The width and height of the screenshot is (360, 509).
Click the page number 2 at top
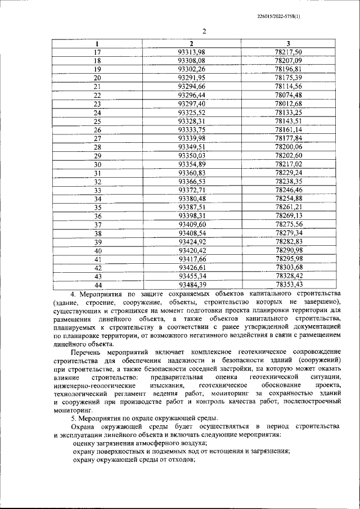pyautogui.click(x=204, y=31)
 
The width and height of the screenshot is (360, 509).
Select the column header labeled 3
pyautogui.click(x=289, y=43)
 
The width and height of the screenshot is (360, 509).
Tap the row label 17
pyautogui.click(x=97, y=52)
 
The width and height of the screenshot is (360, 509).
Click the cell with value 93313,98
pyautogui.click(x=191, y=52)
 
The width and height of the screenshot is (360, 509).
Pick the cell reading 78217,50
pyautogui.click(x=289, y=52)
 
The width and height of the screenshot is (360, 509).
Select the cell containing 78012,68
pyautogui.click(x=289, y=103)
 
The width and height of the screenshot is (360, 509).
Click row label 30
pyautogui.click(x=97, y=164)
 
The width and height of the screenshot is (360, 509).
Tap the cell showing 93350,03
pyautogui.click(x=191, y=155)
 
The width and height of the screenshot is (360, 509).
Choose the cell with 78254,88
pyautogui.click(x=289, y=199)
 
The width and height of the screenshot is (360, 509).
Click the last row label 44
pyautogui.click(x=97, y=285)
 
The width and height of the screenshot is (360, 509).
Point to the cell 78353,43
pyautogui.click(x=289, y=285)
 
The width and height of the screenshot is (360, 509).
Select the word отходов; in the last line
pyautogui.click(x=179, y=459)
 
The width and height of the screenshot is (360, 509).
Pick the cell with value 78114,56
pyautogui.click(x=289, y=86)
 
